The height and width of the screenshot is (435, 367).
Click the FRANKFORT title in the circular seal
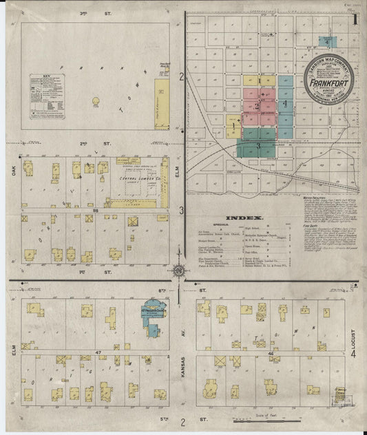click(x=328, y=87)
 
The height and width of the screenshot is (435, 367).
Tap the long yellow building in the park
click(x=162, y=103)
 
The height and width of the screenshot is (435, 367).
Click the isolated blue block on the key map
click(x=329, y=42)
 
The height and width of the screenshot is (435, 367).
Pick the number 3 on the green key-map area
click(x=258, y=145)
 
